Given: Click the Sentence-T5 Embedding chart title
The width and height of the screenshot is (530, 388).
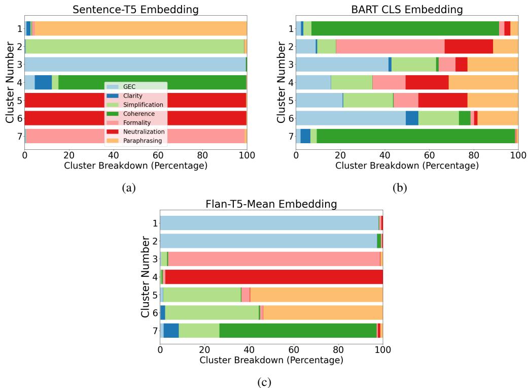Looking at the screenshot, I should [x=135, y=9].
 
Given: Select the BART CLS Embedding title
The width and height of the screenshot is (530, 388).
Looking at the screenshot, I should [x=407, y=9].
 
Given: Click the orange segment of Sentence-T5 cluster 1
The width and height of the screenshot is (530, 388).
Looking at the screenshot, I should [x=139, y=29].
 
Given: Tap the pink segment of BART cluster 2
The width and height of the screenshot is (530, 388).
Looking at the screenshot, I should [x=390, y=46].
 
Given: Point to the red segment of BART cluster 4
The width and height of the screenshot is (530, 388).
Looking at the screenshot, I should [x=427, y=82].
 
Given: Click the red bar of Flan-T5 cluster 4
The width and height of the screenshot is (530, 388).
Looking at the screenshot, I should [x=274, y=277].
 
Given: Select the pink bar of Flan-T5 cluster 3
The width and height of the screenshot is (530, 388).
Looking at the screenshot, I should [x=274, y=258].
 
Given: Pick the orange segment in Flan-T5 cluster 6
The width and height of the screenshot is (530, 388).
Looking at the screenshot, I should [x=323, y=313].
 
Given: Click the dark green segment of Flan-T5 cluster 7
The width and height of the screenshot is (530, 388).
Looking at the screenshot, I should [x=298, y=331].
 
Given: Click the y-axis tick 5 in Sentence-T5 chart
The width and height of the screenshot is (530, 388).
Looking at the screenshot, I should [x=18, y=101].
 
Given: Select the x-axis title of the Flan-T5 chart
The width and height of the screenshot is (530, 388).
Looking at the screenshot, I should [x=271, y=361].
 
